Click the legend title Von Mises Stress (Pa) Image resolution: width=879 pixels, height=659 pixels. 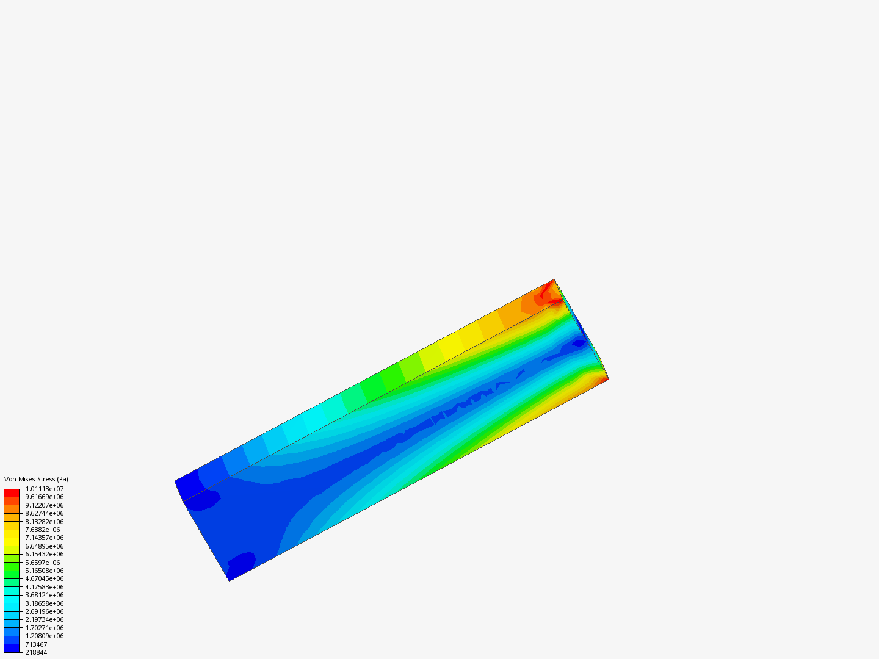click(36, 479)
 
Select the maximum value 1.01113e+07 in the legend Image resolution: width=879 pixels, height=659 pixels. click(45, 489)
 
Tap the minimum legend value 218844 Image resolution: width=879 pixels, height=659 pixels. click(36, 653)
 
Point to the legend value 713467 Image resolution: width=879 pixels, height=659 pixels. click(36, 644)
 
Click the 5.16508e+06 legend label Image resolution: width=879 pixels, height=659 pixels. click(45, 571)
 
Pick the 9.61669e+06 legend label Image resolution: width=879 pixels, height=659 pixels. click(45, 497)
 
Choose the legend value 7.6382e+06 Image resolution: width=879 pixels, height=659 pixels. click(43, 530)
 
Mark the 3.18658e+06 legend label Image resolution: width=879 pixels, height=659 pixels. click(45, 603)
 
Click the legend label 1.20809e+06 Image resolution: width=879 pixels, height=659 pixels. click(45, 636)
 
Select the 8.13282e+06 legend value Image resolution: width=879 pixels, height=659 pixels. click(45, 522)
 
